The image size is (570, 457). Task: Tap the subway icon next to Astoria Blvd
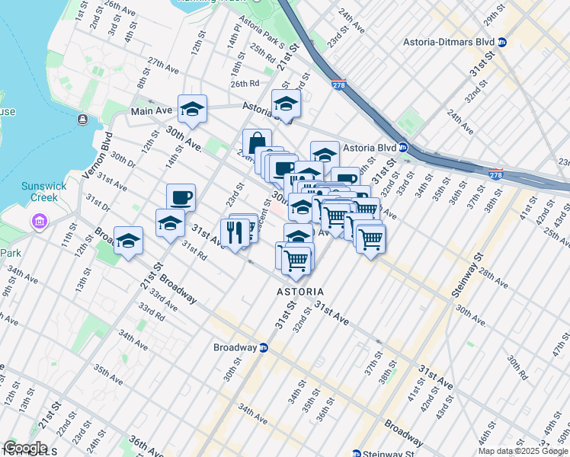pos(404,148)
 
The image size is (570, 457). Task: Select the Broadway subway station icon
pos(263,348)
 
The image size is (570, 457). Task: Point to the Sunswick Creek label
pos(34,192)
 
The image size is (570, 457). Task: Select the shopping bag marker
pos(257,142)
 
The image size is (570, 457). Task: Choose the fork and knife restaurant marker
pos(235,231)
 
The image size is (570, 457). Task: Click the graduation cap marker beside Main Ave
pos(193,109)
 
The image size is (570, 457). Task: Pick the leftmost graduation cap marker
pos(129,241)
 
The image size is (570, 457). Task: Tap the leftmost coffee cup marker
pos(181,198)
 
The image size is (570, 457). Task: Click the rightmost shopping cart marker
pos(370,238)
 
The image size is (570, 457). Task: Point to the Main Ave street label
pos(152,111)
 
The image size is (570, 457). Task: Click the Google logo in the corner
pos(25,448)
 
